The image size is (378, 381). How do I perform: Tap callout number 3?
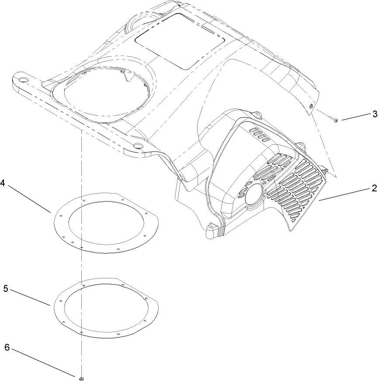point(375,114)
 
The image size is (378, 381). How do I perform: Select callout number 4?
point(3,183)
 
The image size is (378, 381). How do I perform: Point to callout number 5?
point(5,289)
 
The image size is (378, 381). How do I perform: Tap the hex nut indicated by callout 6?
point(82,377)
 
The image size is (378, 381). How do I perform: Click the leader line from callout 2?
point(345,194)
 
